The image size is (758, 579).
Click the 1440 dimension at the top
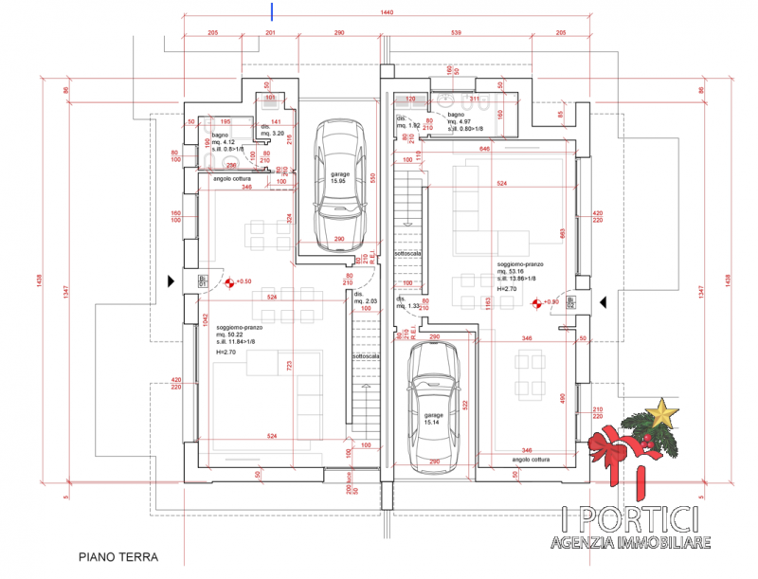tap(386, 12)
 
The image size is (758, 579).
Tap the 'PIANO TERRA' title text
tap(117, 558)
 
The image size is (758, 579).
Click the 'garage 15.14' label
tap(433, 419)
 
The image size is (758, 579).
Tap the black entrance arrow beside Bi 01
tap(171, 280)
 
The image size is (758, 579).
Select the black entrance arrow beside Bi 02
tap(603, 302)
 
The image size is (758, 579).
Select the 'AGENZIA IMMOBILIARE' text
tap(630, 543)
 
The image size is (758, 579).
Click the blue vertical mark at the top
tap(273, 10)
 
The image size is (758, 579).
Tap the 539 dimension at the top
tap(457, 32)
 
